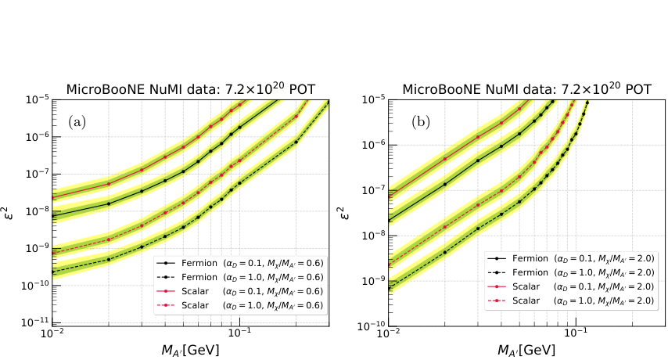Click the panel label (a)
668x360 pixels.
point(77,122)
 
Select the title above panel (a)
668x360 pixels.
point(190,89)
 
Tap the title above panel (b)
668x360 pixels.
point(526,89)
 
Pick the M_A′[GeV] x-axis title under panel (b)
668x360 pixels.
point(526,349)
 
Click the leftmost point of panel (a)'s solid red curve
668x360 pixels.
point(52,196)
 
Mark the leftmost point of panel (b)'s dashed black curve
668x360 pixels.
point(388,288)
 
